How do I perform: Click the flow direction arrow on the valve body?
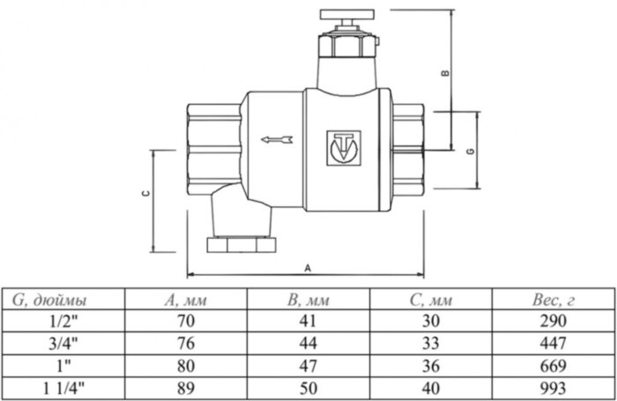pos(277,138)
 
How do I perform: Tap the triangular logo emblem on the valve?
pos(338,147)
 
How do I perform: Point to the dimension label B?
pos(447,73)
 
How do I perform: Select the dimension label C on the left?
pos(146,194)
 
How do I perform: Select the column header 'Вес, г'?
pos(554,301)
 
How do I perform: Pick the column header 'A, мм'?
pos(185,301)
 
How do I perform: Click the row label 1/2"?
pos(63,320)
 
